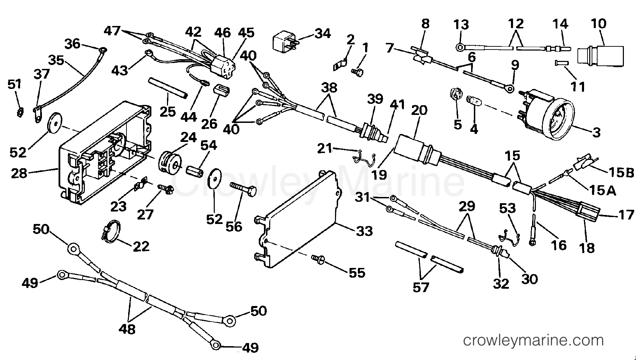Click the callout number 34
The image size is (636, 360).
pyautogui.click(x=322, y=33)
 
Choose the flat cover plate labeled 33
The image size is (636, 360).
pyautogui.click(x=298, y=222)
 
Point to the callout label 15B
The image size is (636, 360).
pyautogui.click(x=622, y=172)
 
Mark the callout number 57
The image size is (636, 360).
pyautogui.click(x=421, y=287)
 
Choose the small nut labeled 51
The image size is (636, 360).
pyautogui.click(x=20, y=111)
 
